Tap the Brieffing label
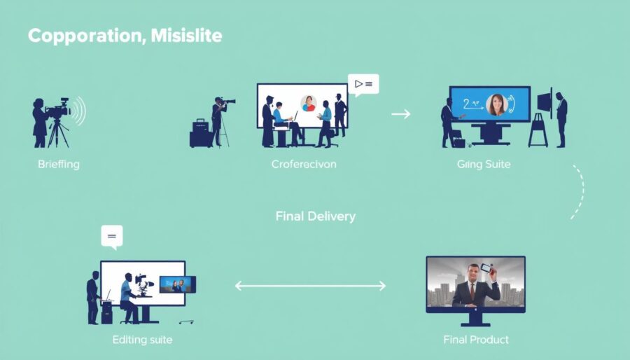[59, 165]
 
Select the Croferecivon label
[304, 165]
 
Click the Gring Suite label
[484, 165]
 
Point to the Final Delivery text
[315, 216]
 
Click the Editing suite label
[142, 340]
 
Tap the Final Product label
[476, 340]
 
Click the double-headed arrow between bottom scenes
[310, 286]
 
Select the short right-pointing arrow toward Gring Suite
[400, 113]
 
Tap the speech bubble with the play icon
[363, 85]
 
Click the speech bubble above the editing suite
[111, 236]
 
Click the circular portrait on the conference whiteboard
[308, 104]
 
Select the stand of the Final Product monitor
[476, 319]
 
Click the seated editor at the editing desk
[127, 294]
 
